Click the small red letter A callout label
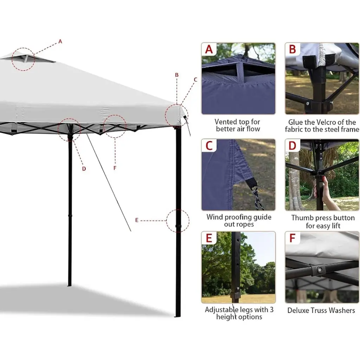pos(60,41)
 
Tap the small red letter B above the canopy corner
pos(176,75)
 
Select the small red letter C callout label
pos(195,80)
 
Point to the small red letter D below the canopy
pos(84,169)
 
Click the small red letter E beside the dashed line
pos(137,220)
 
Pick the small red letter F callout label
pos(115,168)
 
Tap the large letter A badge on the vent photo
pos(209,49)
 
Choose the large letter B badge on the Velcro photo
pos(292,49)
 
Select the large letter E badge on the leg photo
pos(209,238)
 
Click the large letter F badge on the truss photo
pos(292,238)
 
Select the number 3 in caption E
pos(272,309)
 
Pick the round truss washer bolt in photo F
pos(319,270)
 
